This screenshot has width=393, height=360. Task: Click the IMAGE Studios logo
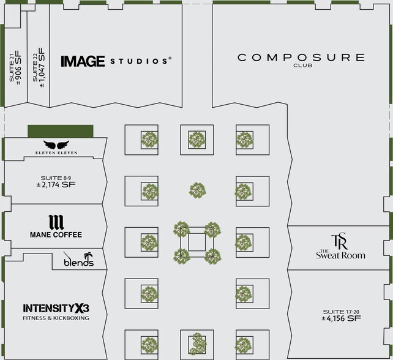pos(116,61)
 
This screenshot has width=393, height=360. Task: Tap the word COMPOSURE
pos(301,58)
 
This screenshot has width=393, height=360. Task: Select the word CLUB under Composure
pos(302,66)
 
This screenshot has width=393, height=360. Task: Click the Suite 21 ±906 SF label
pos(15,67)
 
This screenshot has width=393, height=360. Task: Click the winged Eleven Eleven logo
pos(56,147)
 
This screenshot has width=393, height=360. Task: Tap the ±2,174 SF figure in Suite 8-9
pos(56,185)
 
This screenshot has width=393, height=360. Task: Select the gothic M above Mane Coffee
pos(56,222)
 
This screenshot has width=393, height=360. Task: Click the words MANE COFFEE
pos(56,234)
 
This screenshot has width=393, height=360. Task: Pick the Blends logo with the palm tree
pos(78,259)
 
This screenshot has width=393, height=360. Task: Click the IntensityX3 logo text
pos(56,309)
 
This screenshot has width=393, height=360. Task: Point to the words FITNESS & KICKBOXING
pos(56,318)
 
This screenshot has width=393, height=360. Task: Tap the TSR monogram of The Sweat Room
pos(340,241)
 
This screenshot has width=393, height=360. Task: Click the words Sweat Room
pos(340,255)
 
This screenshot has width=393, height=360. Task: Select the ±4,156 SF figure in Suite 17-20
pos(341,318)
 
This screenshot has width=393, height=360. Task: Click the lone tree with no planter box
pos(198,190)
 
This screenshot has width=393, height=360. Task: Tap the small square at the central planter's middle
pos(197,242)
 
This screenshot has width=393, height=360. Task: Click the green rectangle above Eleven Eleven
pos(61,131)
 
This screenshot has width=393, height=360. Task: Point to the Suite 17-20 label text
pos(341,312)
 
